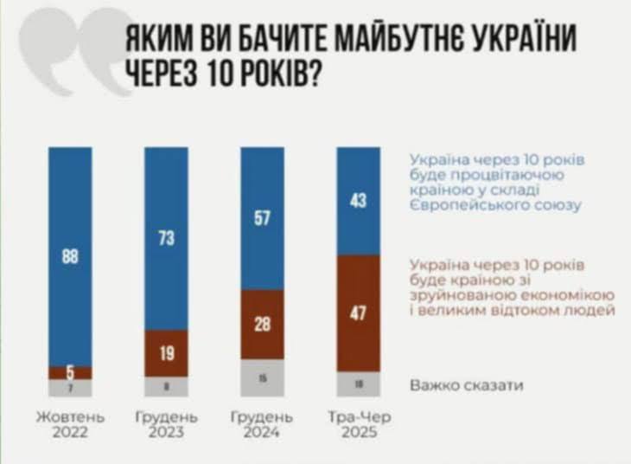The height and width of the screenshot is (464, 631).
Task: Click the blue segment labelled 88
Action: (70, 257)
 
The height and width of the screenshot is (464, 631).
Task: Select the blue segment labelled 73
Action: (166, 238)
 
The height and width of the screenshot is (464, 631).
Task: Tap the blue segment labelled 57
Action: (262, 218)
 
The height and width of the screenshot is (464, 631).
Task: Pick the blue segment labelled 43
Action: (358, 201)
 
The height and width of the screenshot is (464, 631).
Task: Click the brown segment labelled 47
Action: (358, 313)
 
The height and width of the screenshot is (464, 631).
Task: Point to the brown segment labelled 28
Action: (262, 324)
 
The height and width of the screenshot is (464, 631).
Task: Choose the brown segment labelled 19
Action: (166, 353)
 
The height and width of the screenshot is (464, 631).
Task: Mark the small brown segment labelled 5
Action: (70, 373)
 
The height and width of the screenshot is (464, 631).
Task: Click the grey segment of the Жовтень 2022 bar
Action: (70, 388)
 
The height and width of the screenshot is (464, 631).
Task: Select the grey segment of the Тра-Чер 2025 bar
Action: (358, 383)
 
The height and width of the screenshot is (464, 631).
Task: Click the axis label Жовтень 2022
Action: (70, 425)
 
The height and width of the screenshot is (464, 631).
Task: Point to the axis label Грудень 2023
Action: (166, 425)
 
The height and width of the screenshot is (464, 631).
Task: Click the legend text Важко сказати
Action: (467, 384)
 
